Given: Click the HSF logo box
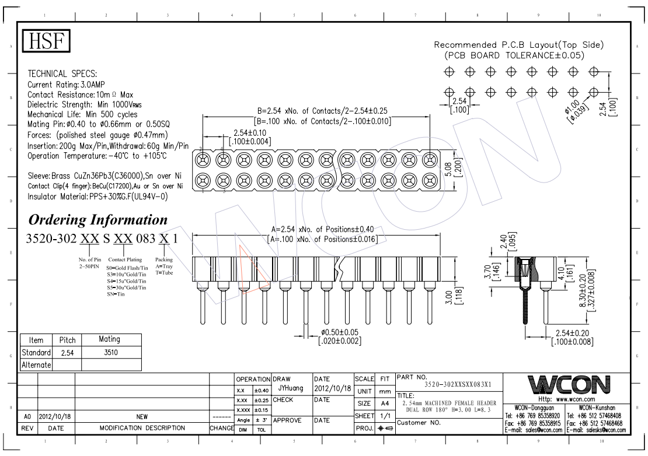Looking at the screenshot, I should pos(46,41).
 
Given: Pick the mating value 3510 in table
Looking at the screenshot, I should pos(110,352).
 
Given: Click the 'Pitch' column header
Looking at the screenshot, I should pos(64,339).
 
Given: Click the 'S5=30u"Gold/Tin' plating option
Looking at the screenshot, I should pos(126,288).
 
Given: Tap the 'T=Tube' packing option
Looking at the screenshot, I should pos(163,273).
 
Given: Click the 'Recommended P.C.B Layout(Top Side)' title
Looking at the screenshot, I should pos(519,45).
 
